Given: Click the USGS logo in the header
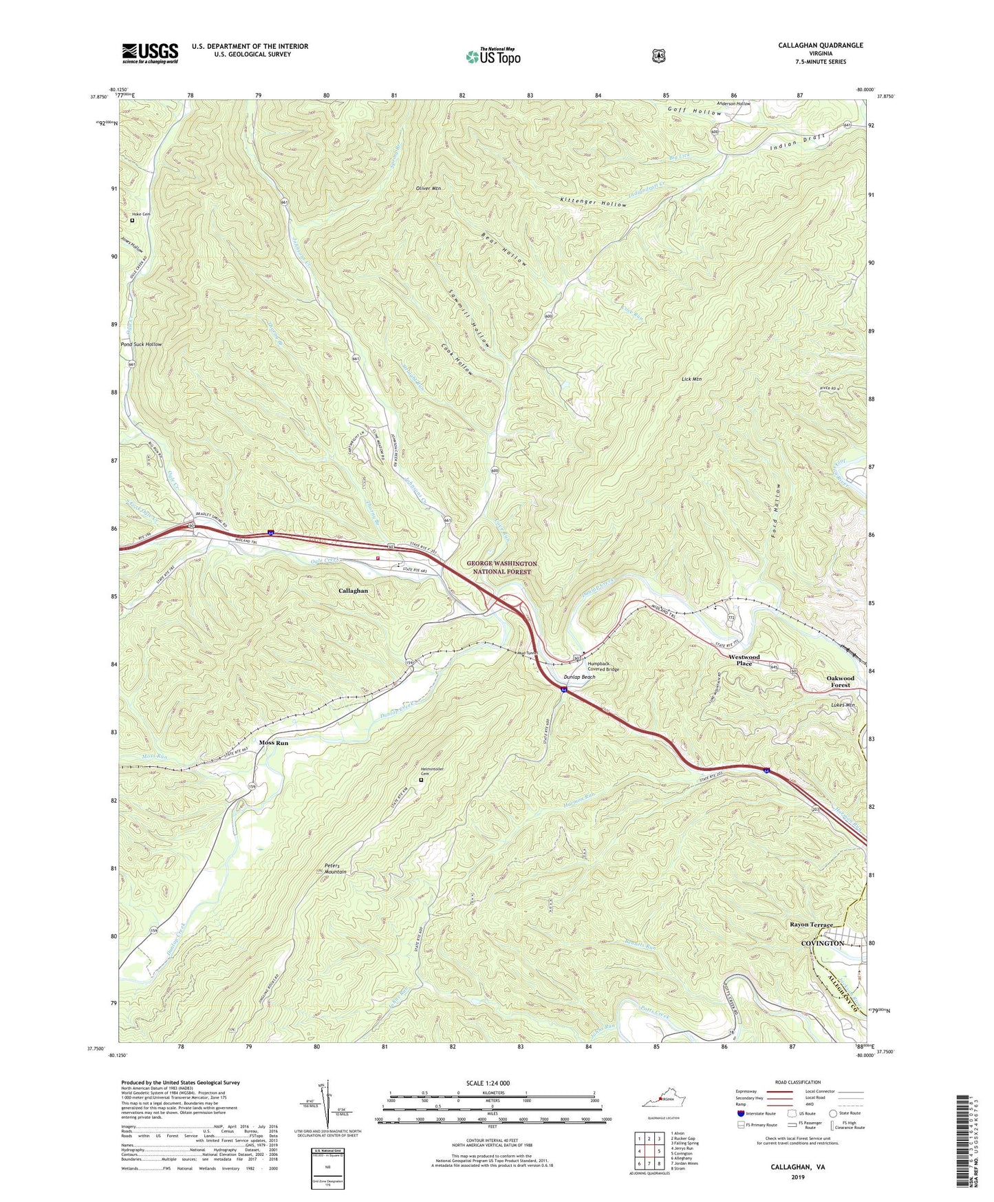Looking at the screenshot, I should coord(150,53).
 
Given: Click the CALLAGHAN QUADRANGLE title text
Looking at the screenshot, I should coord(820,45).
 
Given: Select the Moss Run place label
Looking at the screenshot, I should coord(273,743).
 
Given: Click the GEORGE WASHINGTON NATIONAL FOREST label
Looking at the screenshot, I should coord(501,567).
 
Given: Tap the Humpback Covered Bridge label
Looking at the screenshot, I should coord(603,666).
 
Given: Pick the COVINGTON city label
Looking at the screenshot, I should coord(823,943).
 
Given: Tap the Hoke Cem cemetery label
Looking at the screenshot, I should coord(141,214).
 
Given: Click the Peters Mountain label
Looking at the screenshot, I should coord(335,869).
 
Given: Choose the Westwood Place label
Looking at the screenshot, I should coord(744,660).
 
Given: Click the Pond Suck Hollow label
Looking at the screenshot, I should coord(141,344).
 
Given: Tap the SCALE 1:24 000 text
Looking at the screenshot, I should coord(488,1083).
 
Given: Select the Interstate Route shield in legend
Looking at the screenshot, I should coord(739,1113).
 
